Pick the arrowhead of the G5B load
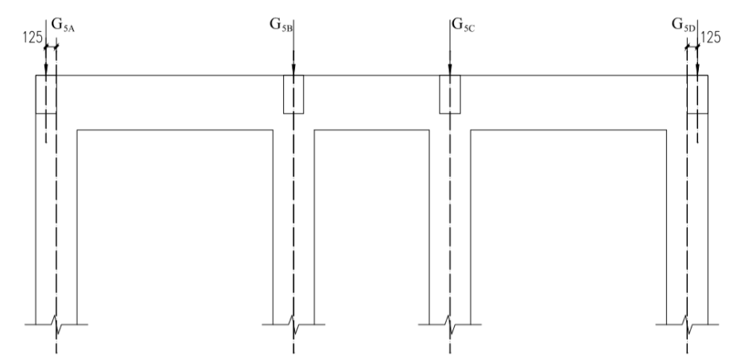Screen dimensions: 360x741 [x=294, y=71]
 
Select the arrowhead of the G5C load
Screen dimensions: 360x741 [x=450, y=71]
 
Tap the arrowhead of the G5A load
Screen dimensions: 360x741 [x=46, y=71]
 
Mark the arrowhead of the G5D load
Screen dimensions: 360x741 [x=697, y=71]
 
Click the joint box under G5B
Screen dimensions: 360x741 [x=294, y=95]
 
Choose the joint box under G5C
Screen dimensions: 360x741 [x=450, y=95]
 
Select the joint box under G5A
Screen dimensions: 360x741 [x=46, y=95]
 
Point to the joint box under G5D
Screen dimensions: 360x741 [x=697, y=95]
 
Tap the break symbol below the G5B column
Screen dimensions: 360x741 [x=294, y=324]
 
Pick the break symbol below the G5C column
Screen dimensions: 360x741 [x=450, y=324]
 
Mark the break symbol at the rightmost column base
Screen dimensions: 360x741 [x=688, y=324]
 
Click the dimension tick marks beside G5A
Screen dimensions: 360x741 [x=52, y=49]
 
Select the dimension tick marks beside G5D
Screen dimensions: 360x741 [x=692, y=49]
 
